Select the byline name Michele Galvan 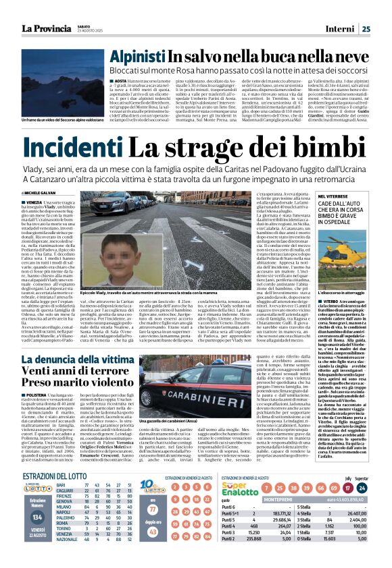tap(53, 192)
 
